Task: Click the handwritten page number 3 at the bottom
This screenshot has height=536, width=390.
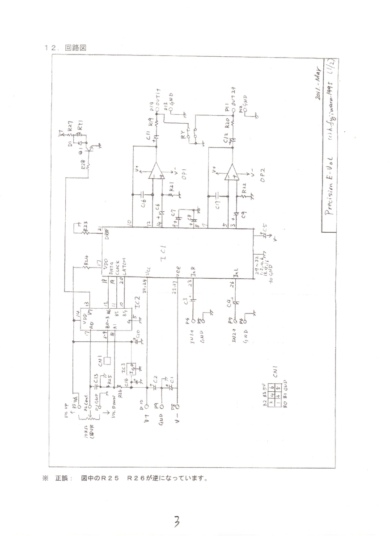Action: pos(177,521)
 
